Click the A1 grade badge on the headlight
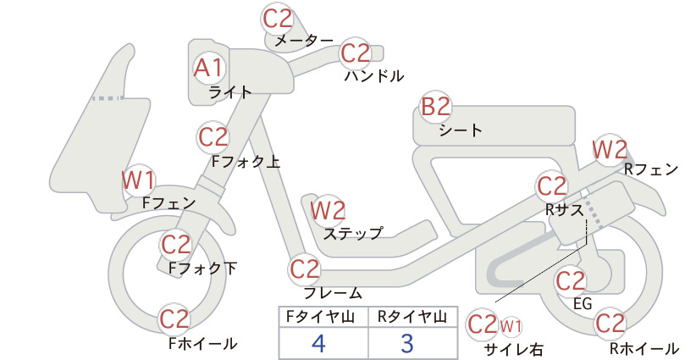tap(208, 69)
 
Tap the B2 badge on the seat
tap(436, 108)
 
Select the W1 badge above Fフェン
tap(139, 180)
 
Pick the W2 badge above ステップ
tap(328, 210)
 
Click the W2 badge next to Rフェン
tap(610, 150)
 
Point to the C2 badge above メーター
tap(278, 19)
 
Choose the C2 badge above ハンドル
tap(355, 53)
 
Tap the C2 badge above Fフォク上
tap(213, 137)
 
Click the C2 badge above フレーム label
tap(305, 269)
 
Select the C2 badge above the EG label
tap(571, 281)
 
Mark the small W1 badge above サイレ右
tap(511, 326)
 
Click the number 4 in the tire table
tap(318, 343)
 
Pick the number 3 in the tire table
tap(407, 343)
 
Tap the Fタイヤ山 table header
tap(320, 317)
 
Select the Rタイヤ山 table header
tap(412, 317)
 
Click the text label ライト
tap(230, 92)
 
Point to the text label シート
tap(461, 130)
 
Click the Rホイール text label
tap(644, 348)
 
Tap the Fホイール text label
tap(203, 343)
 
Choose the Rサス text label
tap(564, 210)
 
